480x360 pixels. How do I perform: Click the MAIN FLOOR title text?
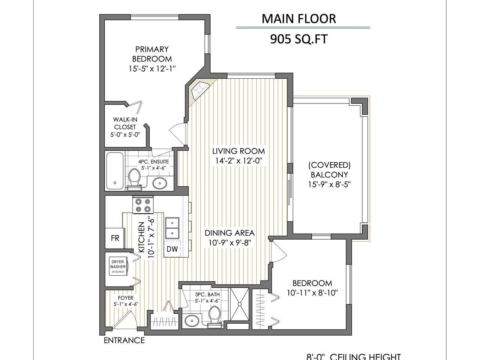pos(299,18)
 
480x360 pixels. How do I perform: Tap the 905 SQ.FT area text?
pos(296,39)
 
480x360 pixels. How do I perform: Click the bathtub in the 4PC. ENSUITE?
pos(115,171)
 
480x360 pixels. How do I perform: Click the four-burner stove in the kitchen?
pos(143,205)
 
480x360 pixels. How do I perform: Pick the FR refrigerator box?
pos(115,238)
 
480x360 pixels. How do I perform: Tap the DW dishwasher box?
pos(172,249)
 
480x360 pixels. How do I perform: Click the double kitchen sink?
pos(172,228)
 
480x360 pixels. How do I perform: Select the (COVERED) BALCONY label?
pos(329,170)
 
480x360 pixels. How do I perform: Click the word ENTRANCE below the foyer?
pos(124,340)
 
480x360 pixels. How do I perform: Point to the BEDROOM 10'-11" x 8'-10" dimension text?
pos(312,292)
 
